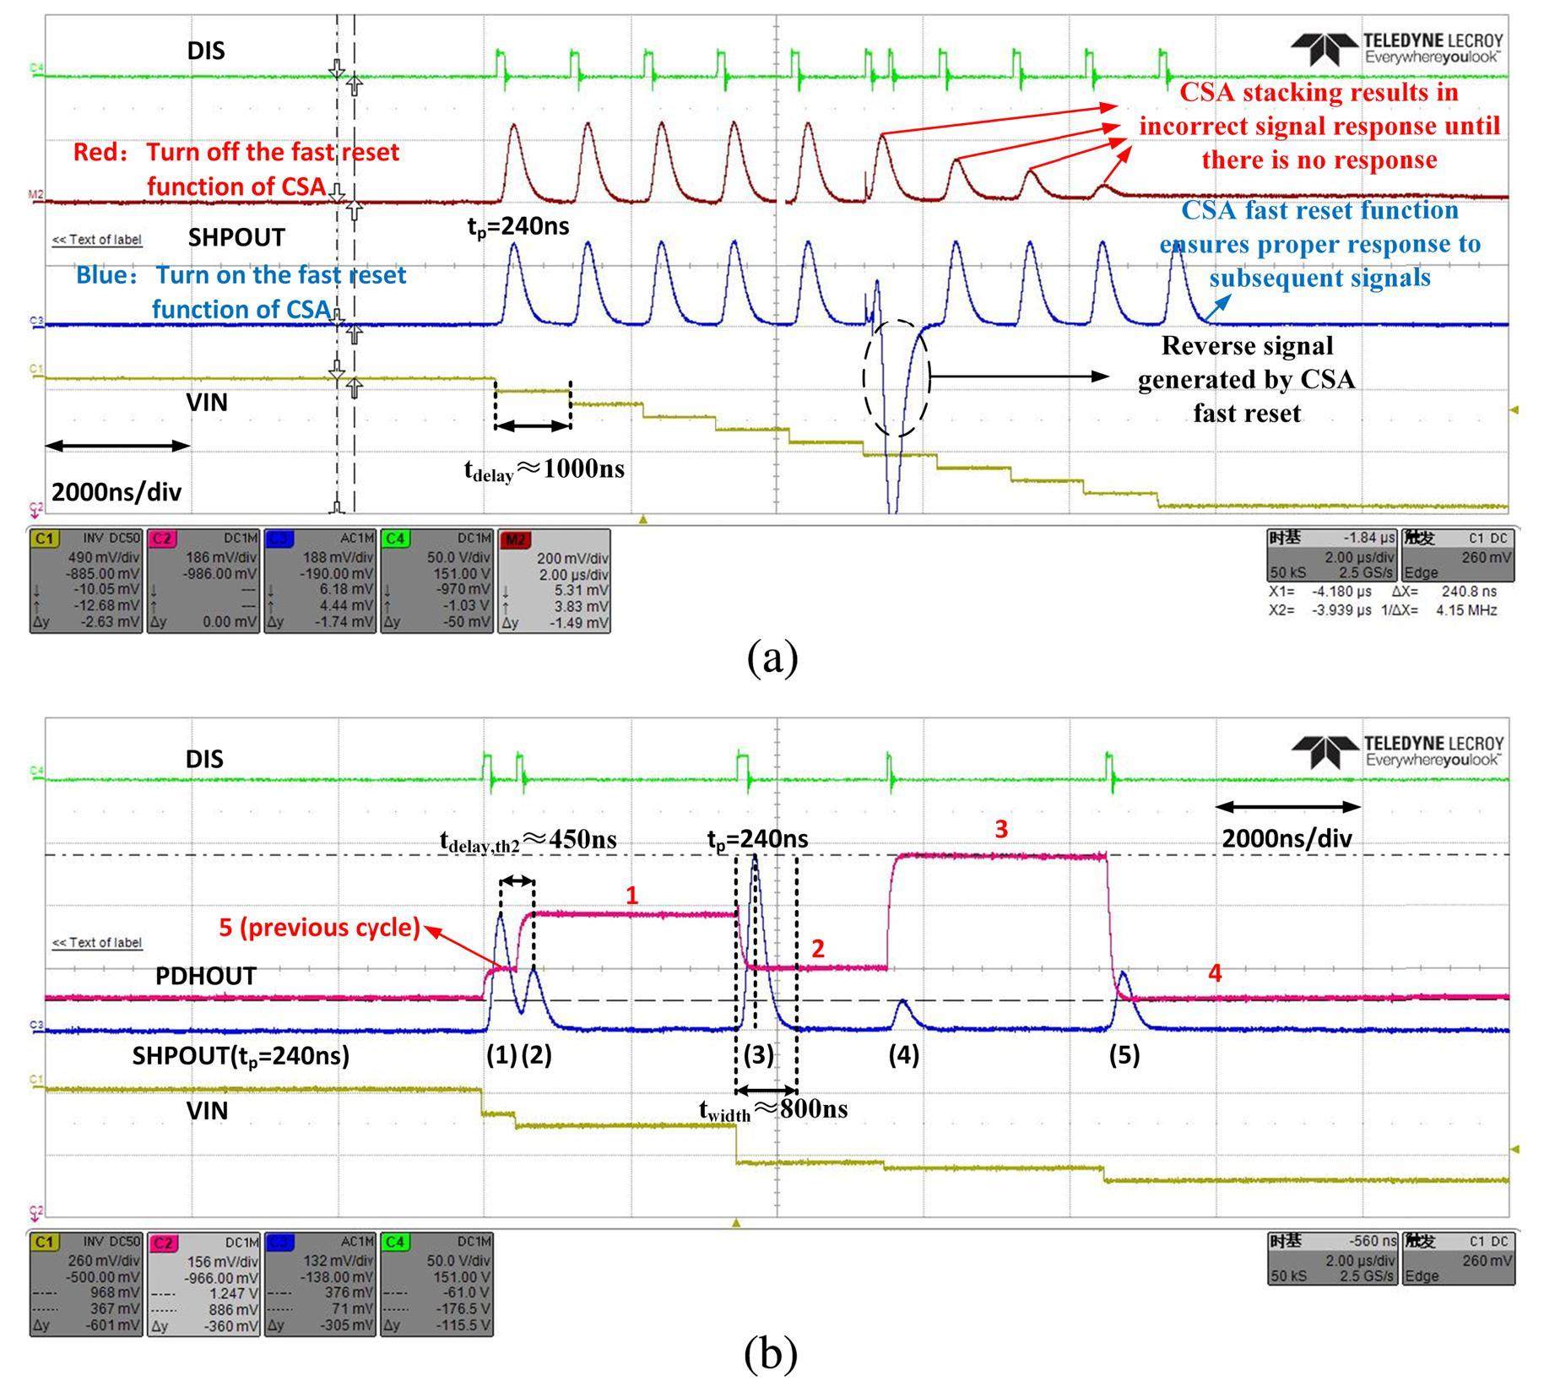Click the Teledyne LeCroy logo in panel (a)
[1397, 48]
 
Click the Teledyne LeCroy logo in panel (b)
[1397, 750]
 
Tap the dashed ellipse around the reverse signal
[896, 378]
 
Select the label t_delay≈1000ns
[544, 469]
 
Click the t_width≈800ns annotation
[773, 1109]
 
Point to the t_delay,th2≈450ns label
[528, 840]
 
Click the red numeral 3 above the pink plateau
[1001, 829]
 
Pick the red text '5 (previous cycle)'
[319, 928]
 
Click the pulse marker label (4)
[903, 1054]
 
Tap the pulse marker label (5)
[1124, 1054]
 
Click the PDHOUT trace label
[205, 976]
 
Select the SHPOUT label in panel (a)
[236, 237]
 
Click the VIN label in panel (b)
[207, 1110]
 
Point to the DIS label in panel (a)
[206, 51]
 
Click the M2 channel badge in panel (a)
[514, 539]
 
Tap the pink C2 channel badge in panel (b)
[163, 1243]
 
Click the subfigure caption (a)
[772, 658]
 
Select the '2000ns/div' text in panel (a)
[116, 492]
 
